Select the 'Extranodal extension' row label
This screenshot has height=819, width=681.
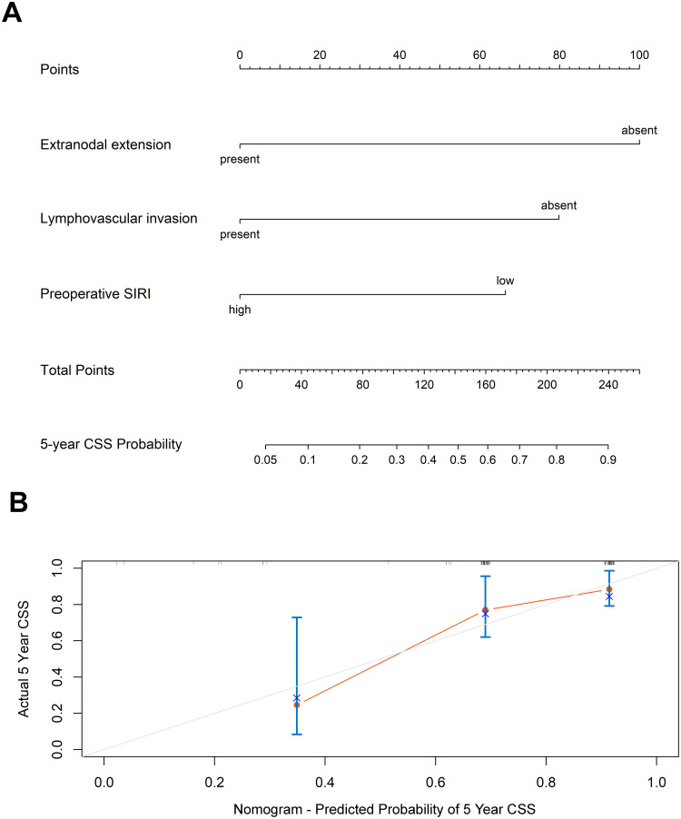click(105, 144)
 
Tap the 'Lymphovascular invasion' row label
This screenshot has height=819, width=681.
click(118, 219)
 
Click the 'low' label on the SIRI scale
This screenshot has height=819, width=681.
click(505, 281)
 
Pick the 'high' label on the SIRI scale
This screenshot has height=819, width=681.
click(240, 310)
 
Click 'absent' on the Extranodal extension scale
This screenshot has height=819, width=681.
click(639, 131)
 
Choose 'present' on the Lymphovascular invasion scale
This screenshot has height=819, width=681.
click(240, 234)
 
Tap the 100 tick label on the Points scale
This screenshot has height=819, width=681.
click(639, 54)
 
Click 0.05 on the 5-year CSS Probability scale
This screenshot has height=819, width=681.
click(265, 460)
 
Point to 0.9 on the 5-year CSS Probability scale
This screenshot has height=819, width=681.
click(607, 460)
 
